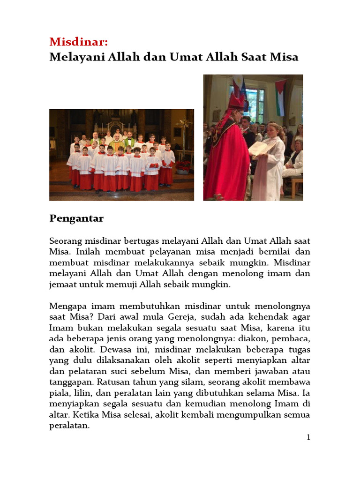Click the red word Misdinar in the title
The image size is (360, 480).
(x=78, y=42)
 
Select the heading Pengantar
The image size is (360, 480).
(x=76, y=218)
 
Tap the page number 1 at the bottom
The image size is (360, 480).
(x=308, y=437)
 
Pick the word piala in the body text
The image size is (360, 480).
(x=60, y=393)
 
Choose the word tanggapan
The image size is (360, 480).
(x=70, y=382)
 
